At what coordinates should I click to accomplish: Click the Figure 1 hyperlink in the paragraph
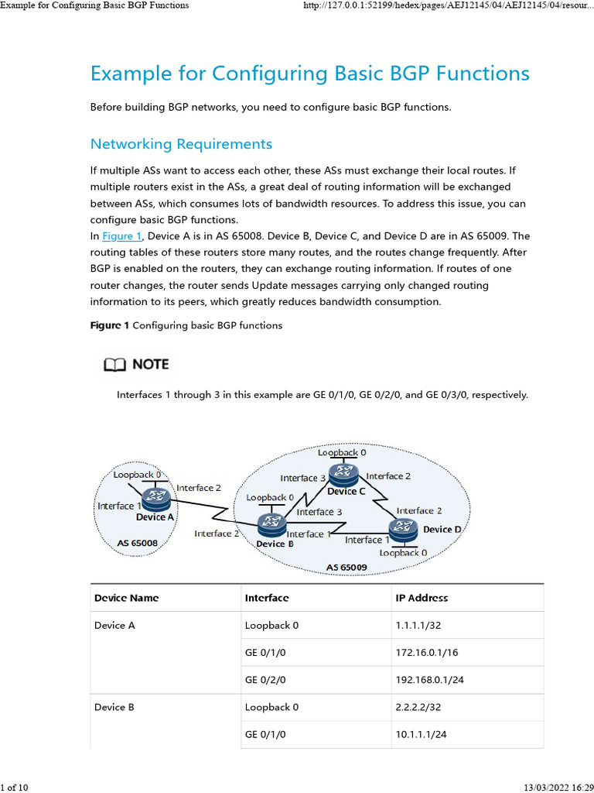point(122,236)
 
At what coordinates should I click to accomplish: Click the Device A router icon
point(157,497)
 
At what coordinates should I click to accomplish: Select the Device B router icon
point(271,524)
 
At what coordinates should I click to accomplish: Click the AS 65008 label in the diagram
point(138,543)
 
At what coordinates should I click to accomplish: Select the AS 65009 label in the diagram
point(346,568)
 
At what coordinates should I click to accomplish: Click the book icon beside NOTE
point(114,364)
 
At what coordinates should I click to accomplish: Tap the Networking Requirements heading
point(181,144)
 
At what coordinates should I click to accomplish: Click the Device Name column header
point(126,598)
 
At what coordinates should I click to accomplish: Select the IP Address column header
point(422,598)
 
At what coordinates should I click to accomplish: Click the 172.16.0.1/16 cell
point(426,653)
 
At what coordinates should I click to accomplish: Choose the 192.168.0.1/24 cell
point(429,680)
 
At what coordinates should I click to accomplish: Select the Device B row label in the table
point(114,707)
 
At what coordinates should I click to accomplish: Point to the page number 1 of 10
point(15,788)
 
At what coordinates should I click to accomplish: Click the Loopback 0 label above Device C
point(341,451)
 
